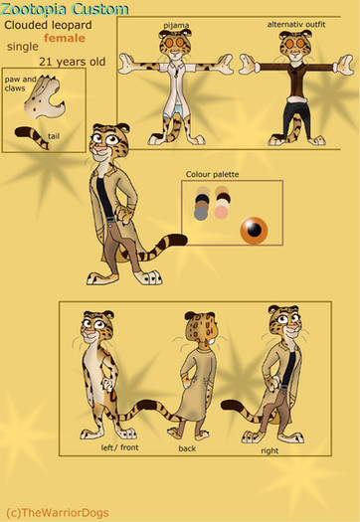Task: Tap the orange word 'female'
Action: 65,38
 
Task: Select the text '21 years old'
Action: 73,62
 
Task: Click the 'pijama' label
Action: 176,25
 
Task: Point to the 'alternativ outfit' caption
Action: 296,24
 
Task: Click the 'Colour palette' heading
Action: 212,174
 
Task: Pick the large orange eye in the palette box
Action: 254,230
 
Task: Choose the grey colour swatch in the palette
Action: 201,214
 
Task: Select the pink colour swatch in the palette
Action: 221,213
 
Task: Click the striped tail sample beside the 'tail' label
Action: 32,137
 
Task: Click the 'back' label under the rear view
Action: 187,448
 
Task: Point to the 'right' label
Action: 270,450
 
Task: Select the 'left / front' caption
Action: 119,447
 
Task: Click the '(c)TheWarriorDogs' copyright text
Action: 58,513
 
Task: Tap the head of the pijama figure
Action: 175,43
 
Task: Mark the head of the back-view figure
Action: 201,329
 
